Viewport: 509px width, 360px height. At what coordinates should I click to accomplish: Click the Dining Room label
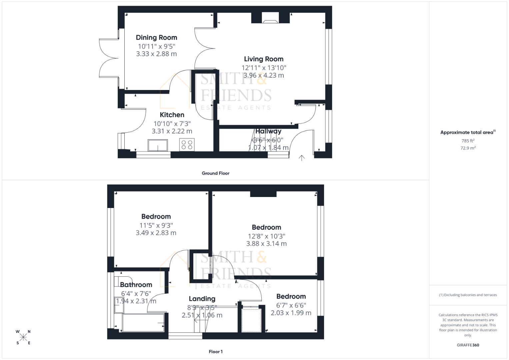coord(156,38)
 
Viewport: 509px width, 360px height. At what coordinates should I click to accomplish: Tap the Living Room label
coord(264,59)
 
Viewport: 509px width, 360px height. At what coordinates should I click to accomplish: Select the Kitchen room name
coord(172,115)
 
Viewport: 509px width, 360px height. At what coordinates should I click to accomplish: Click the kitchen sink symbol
coord(158,145)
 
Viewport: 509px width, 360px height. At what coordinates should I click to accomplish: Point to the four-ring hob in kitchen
coord(187,145)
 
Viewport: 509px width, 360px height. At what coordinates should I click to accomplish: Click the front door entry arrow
coord(301,158)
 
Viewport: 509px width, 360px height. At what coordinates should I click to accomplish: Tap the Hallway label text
coord(268,131)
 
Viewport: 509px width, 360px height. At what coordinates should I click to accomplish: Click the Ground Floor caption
coord(215,173)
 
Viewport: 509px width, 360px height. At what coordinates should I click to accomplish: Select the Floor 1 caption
coord(215,352)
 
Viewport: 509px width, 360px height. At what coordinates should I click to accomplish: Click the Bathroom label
coord(136,285)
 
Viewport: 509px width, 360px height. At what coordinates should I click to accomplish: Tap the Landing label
coord(202,299)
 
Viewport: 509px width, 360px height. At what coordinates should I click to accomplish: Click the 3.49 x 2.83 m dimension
coord(156,233)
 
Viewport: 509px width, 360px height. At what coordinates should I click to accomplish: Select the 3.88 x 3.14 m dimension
coord(266,244)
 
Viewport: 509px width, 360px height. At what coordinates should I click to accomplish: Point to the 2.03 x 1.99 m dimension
coord(291,313)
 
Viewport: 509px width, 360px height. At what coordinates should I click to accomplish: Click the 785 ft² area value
coord(468,141)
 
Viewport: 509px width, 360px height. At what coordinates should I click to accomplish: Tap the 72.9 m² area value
coord(468,148)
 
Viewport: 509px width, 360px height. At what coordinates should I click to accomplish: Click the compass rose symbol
coord(23,337)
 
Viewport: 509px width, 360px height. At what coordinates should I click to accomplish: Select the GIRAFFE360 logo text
coord(468,345)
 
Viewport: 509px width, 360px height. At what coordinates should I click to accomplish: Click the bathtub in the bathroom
coord(144,322)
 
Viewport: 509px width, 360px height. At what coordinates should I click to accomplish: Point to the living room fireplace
coord(270,18)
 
